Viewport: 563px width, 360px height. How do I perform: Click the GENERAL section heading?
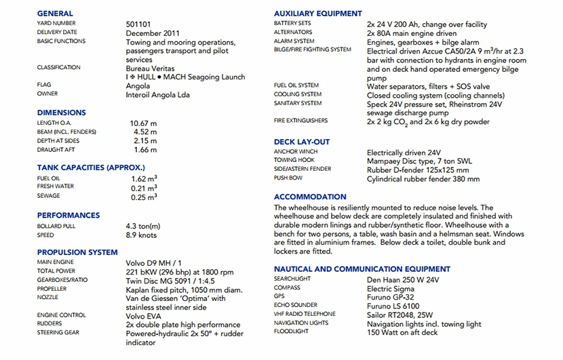(55, 14)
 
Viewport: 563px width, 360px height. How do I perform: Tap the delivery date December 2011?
(153, 33)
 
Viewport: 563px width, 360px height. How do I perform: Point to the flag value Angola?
(138, 86)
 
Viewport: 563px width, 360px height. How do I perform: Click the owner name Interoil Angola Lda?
(158, 95)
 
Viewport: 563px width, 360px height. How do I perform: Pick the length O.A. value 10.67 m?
(143, 123)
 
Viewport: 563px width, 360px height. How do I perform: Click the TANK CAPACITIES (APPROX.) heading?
(90, 167)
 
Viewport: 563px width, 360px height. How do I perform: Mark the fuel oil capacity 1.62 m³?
(144, 179)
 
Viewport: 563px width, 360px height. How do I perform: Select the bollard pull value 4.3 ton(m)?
(142, 226)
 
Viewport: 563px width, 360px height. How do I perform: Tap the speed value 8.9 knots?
(141, 235)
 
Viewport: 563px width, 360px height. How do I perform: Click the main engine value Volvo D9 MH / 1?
(153, 262)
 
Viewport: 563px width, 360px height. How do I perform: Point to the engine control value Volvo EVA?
(144, 316)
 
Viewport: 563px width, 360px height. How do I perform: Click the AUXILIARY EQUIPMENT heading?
(318, 14)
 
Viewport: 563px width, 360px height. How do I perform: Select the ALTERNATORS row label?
(293, 33)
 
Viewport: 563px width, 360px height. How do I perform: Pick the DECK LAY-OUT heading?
(302, 142)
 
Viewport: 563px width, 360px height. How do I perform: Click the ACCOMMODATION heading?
(310, 197)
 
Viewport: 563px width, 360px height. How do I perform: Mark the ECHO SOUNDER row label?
(296, 306)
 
